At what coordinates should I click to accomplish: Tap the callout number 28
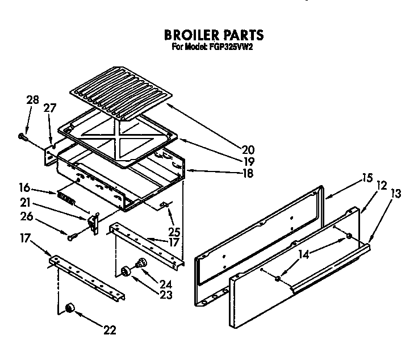point(32,101)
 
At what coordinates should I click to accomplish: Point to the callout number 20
point(248,150)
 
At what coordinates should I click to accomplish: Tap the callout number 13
point(395,194)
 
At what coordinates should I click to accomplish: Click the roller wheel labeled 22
point(70,307)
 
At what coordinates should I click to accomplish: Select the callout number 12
point(381,185)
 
